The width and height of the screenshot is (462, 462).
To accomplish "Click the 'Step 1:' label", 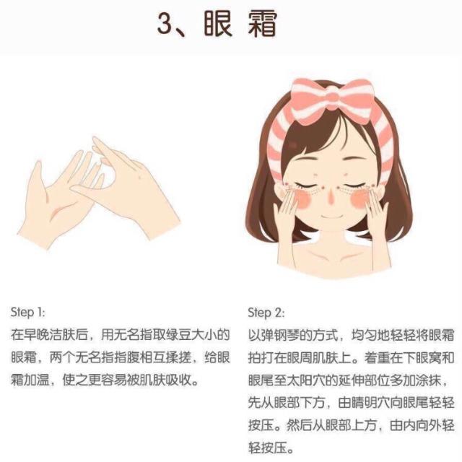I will [28, 313].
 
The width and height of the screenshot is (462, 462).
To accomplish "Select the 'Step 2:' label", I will [265, 313].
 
